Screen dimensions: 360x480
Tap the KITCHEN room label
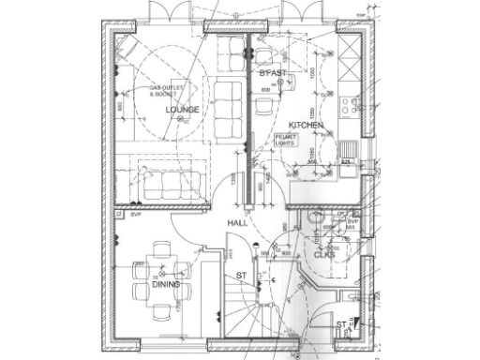pos(306,125)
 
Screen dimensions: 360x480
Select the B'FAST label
pos(274,73)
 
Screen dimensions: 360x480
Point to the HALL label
pos(237,223)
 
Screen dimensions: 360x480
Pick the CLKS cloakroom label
pos(324,254)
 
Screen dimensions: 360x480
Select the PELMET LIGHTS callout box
pos(285,141)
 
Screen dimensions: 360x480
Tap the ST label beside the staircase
pos(241,276)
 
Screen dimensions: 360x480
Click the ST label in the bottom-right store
pos(341,324)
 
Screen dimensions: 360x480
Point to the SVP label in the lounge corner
pos(135,215)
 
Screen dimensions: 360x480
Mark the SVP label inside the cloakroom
pos(352,223)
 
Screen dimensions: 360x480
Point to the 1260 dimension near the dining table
pos(138,263)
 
